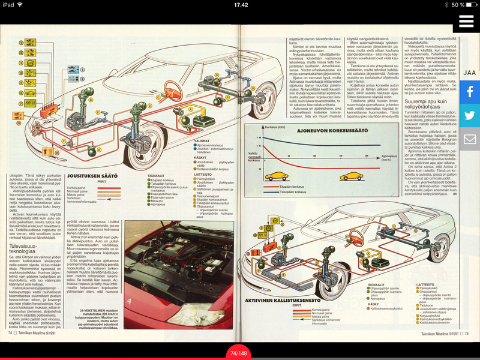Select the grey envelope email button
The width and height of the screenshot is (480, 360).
(469, 140)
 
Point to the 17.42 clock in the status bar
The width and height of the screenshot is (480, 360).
(240, 4)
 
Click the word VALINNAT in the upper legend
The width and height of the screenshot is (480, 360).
(202, 140)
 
